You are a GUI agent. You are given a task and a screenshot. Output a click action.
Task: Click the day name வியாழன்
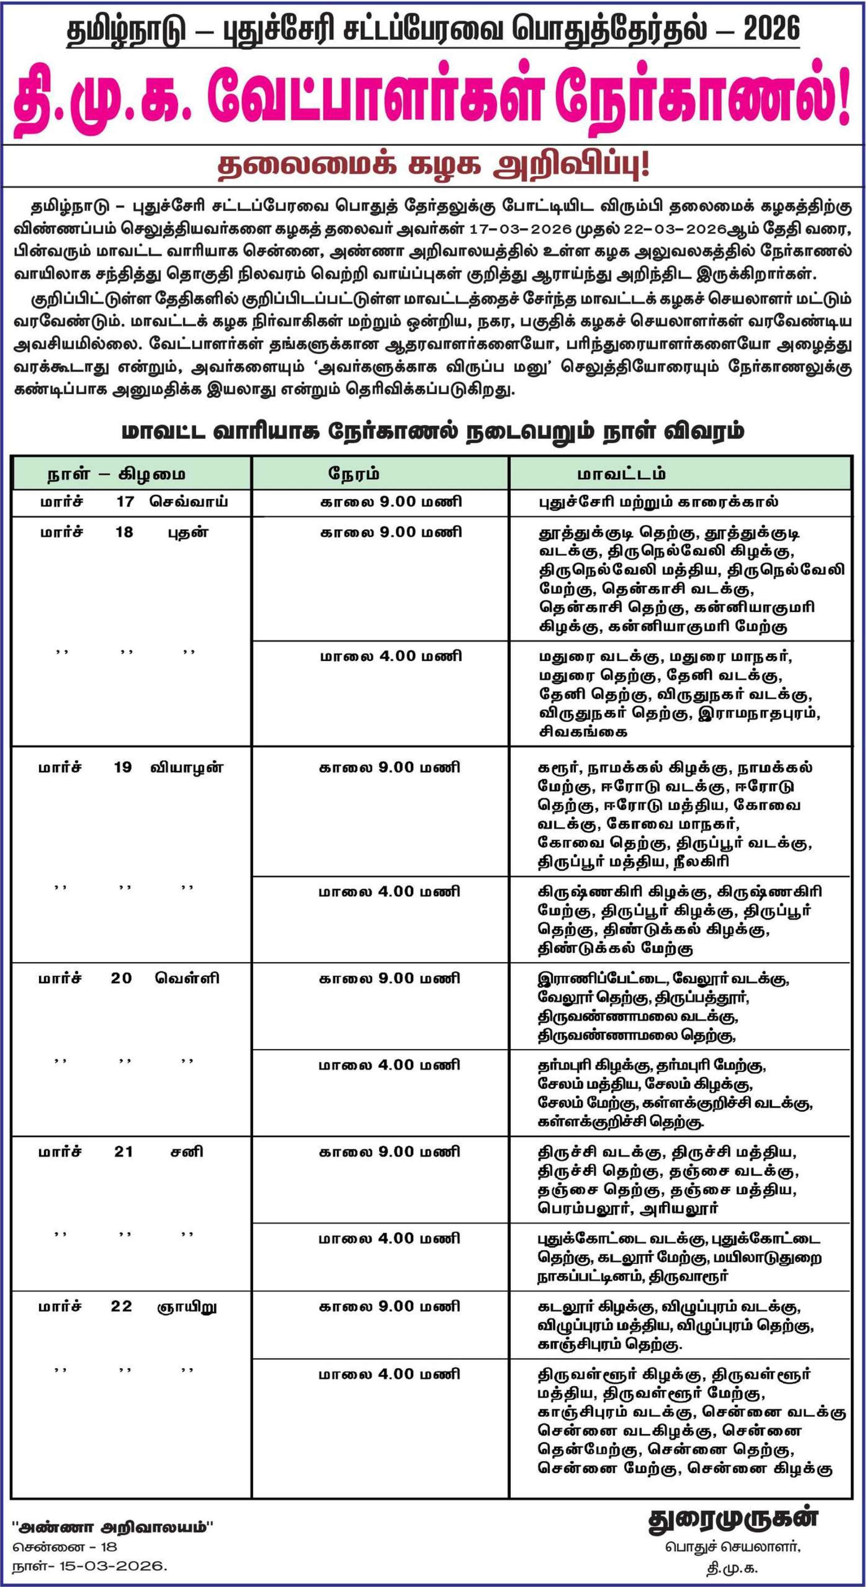(x=186, y=767)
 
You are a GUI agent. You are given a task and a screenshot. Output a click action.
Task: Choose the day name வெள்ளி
(x=186, y=978)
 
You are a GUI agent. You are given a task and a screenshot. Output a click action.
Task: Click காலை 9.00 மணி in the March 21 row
(x=389, y=1152)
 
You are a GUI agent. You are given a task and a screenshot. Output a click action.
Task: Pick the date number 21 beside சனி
(x=123, y=1152)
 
